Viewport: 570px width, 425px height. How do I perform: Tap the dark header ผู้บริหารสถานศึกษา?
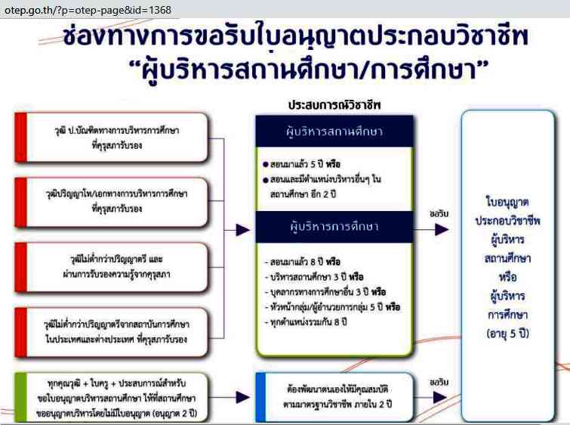click(335, 131)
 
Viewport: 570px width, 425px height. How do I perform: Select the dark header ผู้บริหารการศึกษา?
click(334, 225)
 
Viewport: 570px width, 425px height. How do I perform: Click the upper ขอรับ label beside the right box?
click(439, 212)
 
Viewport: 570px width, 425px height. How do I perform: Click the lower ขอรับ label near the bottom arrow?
click(439, 381)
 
